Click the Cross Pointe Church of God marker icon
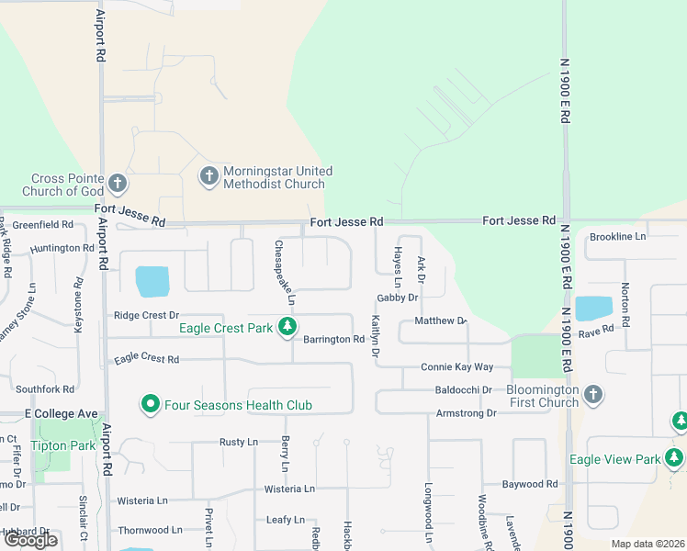coord(118,184)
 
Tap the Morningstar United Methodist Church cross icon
coord(208,176)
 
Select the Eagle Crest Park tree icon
coord(288,327)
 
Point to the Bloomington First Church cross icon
coord(593,395)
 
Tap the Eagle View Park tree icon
coord(675,456)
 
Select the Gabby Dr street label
coord(397,298)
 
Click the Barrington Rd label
coord(333,339)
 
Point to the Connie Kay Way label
coord(456,367)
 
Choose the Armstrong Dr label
coord(466,413)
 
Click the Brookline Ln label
coord(618,236)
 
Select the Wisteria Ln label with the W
coord(142,500)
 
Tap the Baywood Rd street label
coord(530,484)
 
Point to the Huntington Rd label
coord(62,248)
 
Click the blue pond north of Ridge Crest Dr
coord(152,281)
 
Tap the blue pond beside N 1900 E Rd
coord(593,309)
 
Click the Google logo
coord(30,540)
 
